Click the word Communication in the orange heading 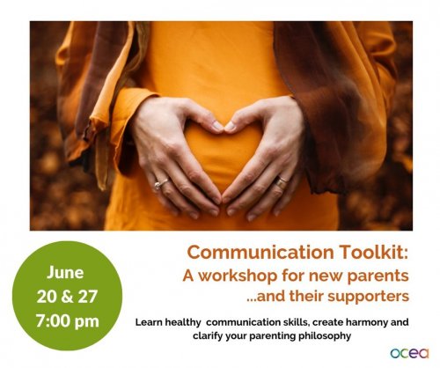(x=260, y=252)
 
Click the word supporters (x=368, y=297)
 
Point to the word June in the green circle (x=65, y=273)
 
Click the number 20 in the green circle (x=47, y=297)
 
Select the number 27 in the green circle (x=87, y=297)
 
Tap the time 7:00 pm (x=68, y=320)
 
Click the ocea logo (x=409, y=353)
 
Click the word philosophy (x=325, y=336)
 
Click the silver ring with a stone (x=161, y=183)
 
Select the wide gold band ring (x=281, y=181)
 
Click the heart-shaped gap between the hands (x=222, y=156)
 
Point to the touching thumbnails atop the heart (x=224, y=126)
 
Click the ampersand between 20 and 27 (x=67, y=297)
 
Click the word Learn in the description (x=149, y=322)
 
